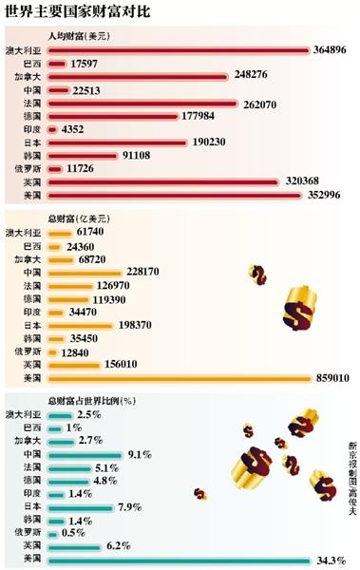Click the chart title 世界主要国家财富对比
79,13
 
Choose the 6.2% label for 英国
121,547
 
